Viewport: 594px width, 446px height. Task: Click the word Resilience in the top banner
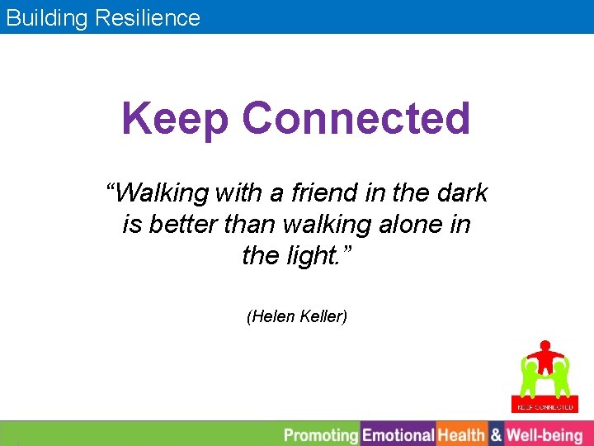[x=148, y=17]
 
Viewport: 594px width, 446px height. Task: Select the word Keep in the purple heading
[x=174, y=118]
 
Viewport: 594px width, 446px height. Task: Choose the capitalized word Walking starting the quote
[x=160, y=193]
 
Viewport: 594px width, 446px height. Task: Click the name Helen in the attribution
[x=266, y=316]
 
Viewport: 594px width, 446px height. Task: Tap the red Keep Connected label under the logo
[x=544, y=406]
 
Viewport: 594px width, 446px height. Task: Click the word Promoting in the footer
[x=320, y=434]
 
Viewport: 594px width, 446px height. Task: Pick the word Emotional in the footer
[x=398, y=434]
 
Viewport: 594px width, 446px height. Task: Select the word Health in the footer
[x=461, y=434]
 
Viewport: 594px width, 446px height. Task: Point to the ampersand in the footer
[x=496, y=434]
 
